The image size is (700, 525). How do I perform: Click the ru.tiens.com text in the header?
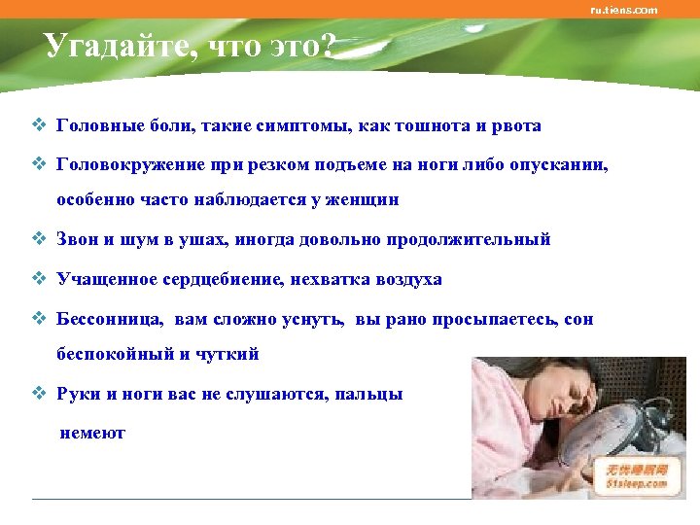point(624,10)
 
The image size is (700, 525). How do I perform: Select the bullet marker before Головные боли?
point(39,125)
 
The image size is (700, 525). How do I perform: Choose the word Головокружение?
point(129,165)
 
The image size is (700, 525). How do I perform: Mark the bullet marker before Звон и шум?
point(39,238)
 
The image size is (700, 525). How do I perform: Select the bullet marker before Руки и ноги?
point(39,394)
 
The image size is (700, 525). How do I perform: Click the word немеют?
point(92,434)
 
